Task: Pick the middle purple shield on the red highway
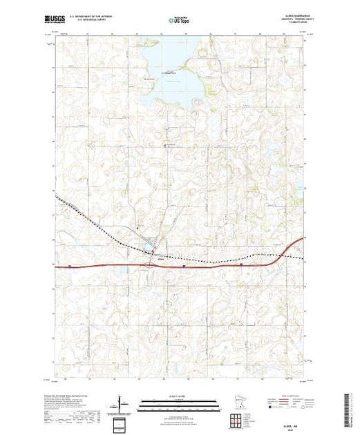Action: point(183,264)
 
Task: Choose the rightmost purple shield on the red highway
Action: point(240,263)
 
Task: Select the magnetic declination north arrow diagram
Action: point(120,403)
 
